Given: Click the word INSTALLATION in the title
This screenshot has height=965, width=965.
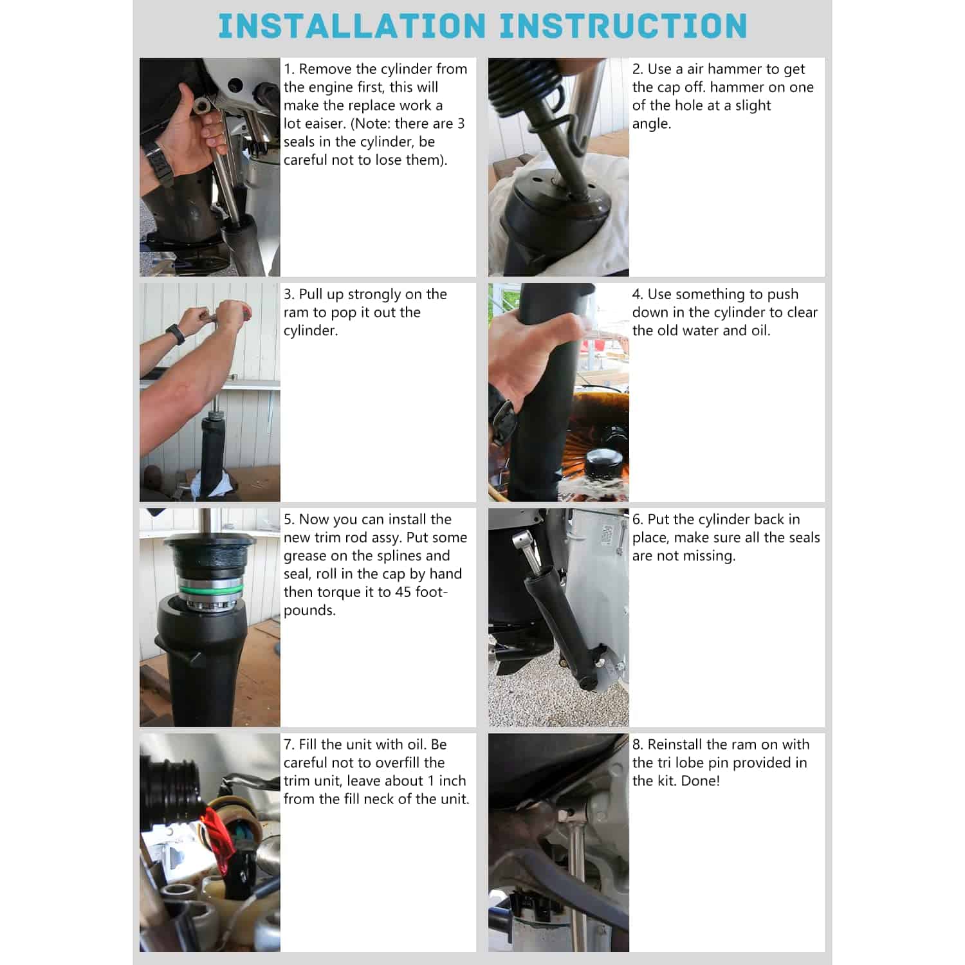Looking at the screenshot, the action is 352,26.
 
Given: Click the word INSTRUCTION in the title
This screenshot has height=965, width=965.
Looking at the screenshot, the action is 623,26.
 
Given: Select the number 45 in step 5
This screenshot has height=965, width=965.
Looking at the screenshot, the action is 403,592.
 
